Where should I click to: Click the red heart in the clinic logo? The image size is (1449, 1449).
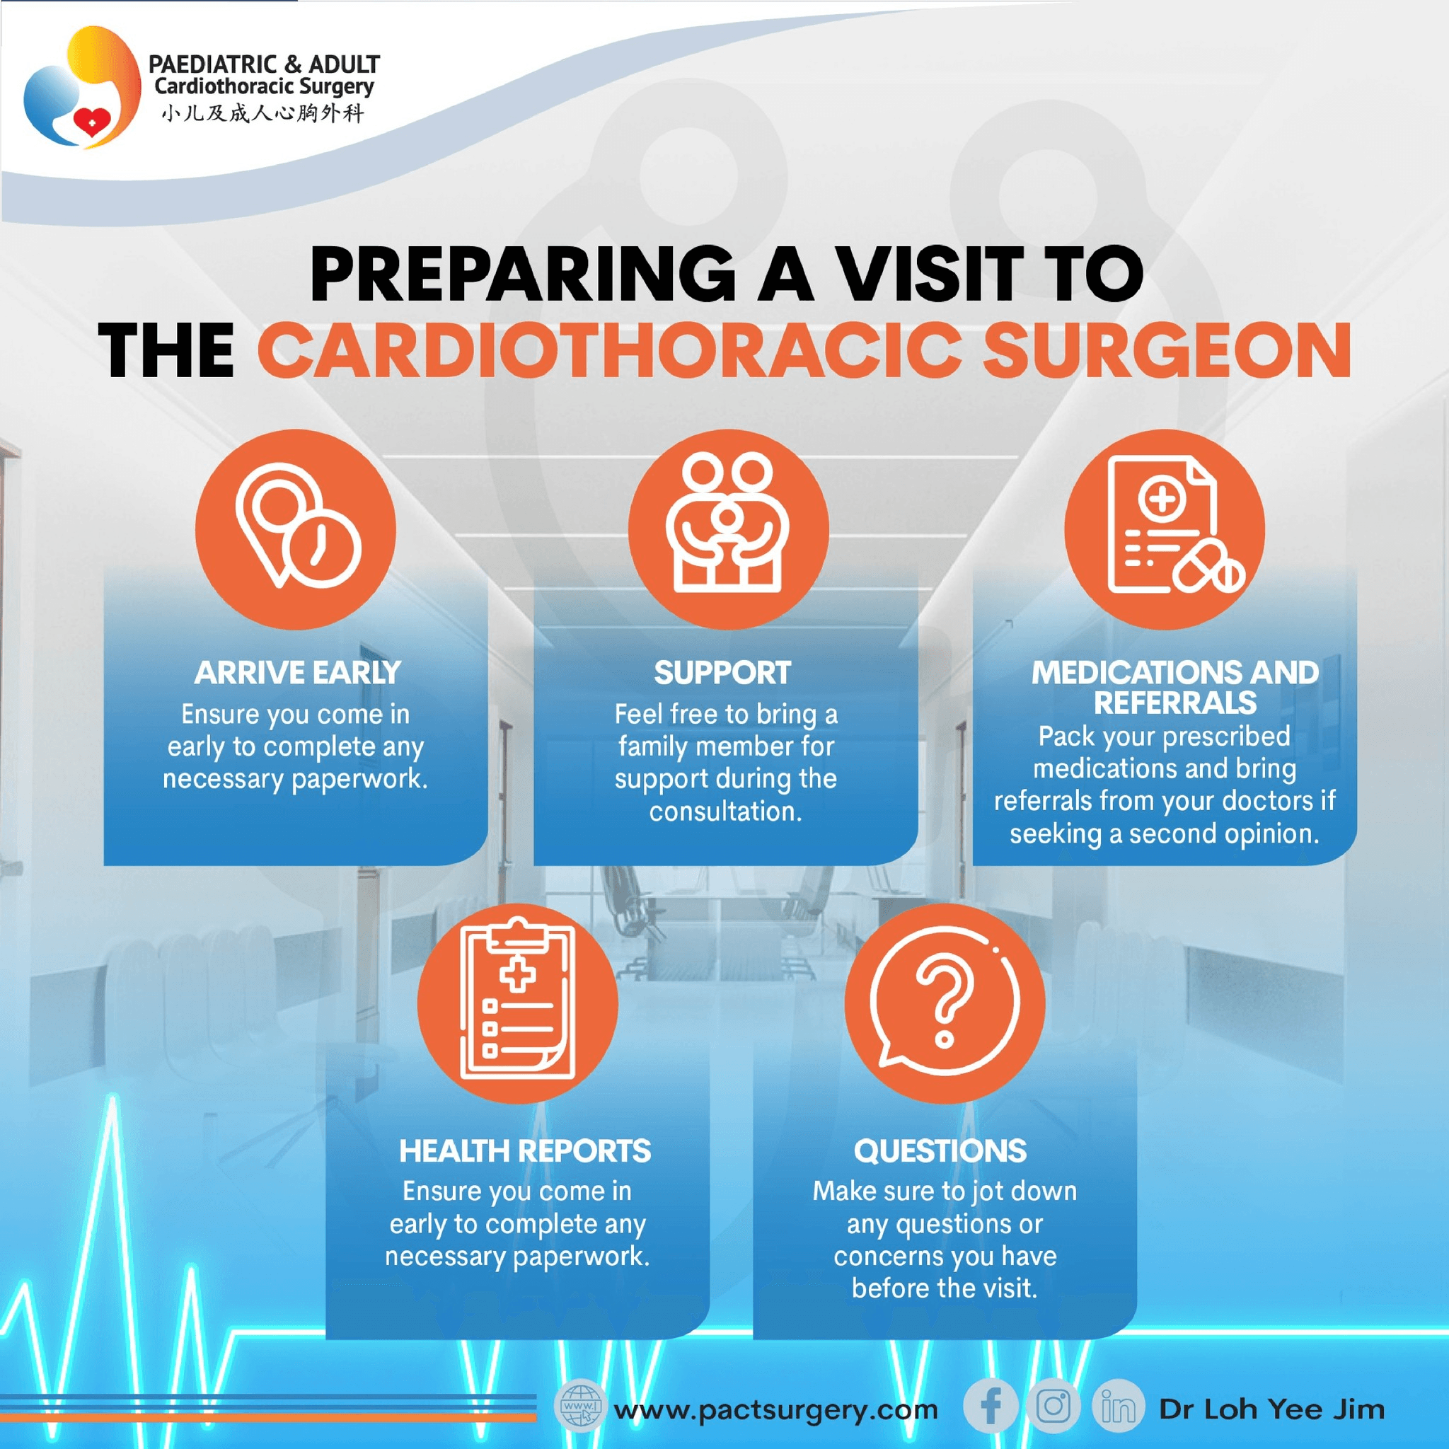coord(91,122)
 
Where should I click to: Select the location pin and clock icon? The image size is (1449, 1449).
coord(296,528)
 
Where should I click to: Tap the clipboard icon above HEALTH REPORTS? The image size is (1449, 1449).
coord(518,1002)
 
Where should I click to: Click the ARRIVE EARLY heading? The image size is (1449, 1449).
coord(297,673)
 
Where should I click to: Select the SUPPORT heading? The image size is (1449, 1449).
coord(722,673)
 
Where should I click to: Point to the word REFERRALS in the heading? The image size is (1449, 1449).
coord(1174,703)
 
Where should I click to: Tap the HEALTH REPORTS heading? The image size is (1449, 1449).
coord(524,1150)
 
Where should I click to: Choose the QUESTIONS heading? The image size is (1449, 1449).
coord(940,1150)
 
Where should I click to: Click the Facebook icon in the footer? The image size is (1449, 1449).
coord(991,1407)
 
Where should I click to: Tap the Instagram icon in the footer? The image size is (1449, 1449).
coord(1053,1407)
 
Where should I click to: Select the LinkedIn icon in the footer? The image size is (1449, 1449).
coord(1117,1407)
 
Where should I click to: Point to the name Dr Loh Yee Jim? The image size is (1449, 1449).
coord(1271,1409)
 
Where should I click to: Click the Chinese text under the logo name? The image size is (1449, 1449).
coord(262,114)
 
